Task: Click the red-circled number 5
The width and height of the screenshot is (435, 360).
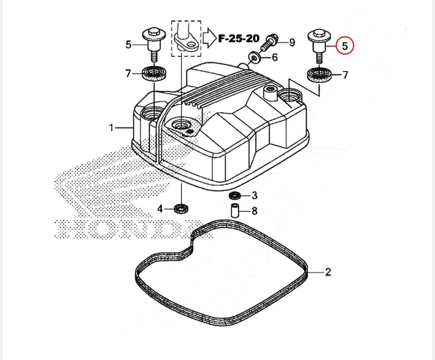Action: pyautogui.click(x=345, y=46)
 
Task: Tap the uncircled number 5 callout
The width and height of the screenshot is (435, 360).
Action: pyautogui.click(x=129, y=44)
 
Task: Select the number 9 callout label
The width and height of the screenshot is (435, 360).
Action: pyautogui.click(x=292, y=42)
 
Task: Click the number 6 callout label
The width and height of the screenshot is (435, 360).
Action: pyautogui.click(x=275, y=57)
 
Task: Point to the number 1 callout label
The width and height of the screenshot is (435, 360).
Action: pyautogui.click(x=111, y=127)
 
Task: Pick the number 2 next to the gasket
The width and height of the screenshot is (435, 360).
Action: pyautogui.click(x=328, y=272)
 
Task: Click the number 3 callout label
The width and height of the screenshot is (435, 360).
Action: pyautogui.click(x=254, y=196)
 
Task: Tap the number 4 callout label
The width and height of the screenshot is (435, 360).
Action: pyautogui.click(x=160, y=208)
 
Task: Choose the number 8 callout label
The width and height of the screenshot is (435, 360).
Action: pyautogui.click(x=254, y=211)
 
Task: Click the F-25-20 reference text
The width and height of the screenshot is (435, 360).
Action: pyautogui.click(x=239, y=38)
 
